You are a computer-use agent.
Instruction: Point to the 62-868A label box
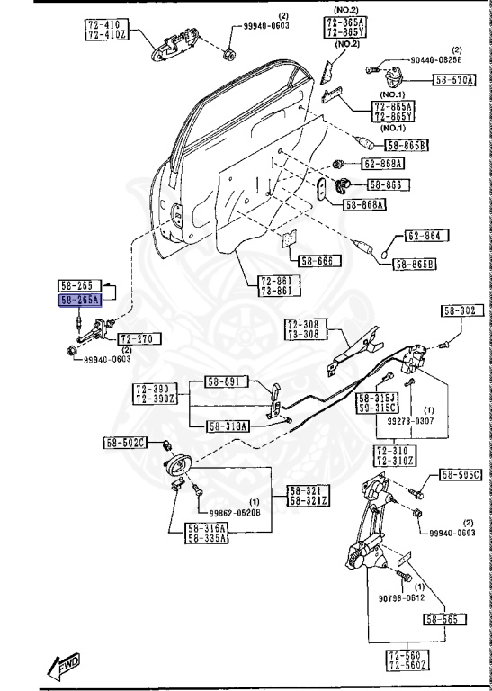tap(382, 164)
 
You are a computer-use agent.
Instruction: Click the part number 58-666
tap(316, 261)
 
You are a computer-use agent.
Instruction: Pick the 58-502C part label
tap(124, 442)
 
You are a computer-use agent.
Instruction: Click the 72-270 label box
tap(138, 338)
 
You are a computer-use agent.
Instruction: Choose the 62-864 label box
tap(425, 237)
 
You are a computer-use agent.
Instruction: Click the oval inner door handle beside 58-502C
tap(180, 465)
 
